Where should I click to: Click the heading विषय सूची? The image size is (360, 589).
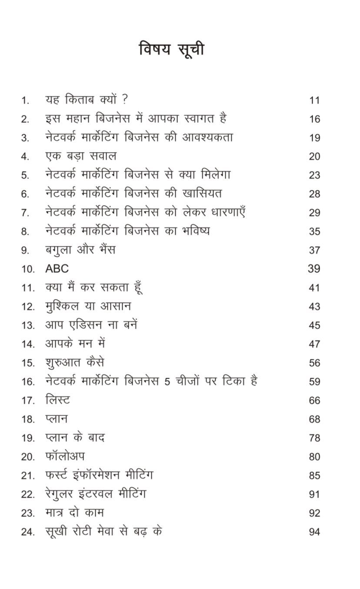[x=171, y=49]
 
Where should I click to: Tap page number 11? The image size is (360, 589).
[x=314, y=100]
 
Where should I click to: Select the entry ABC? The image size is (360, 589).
[x=57, y=269]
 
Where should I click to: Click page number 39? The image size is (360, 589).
[x=314, y=269]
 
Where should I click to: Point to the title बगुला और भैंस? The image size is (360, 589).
[x=80, y=250]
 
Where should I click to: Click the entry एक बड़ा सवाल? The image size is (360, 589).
[x=81, y=156]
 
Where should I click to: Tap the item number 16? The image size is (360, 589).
[x=27, y=382]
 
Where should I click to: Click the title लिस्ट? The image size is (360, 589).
[x=57, y=400]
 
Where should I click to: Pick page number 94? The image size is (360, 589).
[x=314, y=532]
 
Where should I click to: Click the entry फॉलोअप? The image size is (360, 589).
[x=65, y=456]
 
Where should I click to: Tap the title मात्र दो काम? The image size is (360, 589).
[x=74, y=512]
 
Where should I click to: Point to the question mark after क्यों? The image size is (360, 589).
[x=125, y=100]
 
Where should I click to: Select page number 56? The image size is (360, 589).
[x=314, y=363]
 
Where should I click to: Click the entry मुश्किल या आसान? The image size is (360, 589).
[x=88, y=306]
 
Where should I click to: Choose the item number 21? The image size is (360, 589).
[x=27, y=476]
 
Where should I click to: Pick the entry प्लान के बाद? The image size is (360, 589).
[x=75, y=437]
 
